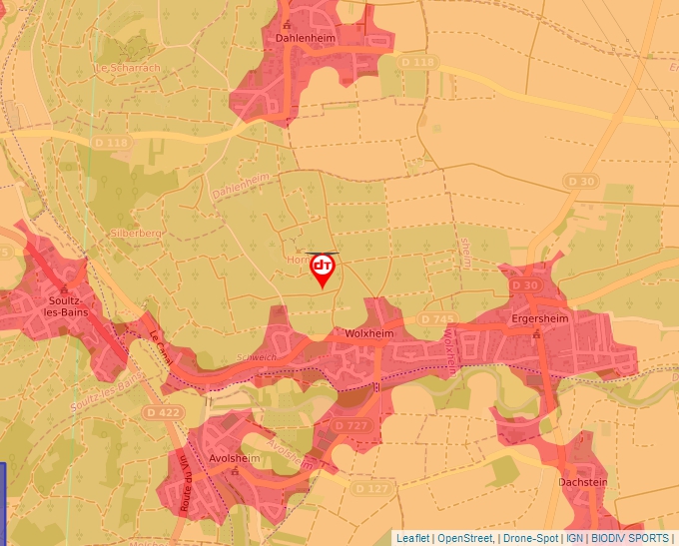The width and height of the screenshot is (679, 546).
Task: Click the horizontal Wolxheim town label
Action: tap(370, 333)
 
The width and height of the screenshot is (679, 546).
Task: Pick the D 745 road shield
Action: tap(438, 318)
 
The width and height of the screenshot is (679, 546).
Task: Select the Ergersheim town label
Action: tap(538, 319)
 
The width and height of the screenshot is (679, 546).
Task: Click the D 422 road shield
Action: tap(165, 411)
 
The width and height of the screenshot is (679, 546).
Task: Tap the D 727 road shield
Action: tap(351, 425)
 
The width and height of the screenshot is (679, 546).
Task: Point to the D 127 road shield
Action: tap(370, 488)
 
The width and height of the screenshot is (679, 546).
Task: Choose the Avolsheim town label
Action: tap(233, 460)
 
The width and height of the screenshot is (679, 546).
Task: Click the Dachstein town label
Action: tap(584, 482)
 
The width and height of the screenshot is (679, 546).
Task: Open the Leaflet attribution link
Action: tap(412, 538)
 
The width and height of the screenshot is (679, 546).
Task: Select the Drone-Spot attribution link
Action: tap(530, 538)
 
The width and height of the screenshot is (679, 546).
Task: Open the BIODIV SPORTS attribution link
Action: tap(629, 538)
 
